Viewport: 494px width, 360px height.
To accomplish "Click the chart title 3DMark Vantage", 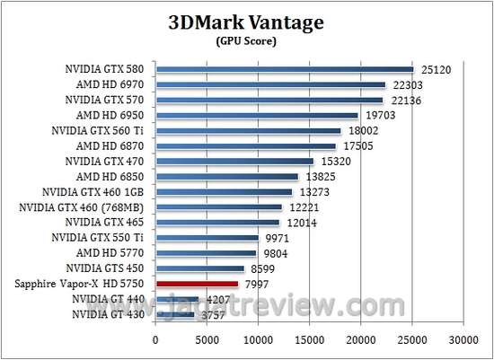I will click(246, 22).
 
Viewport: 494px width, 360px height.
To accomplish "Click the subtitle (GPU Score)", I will click(246, 40).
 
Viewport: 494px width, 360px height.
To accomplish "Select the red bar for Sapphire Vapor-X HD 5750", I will click(197, 284).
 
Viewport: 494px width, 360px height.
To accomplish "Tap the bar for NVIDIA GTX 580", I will click(284, 69).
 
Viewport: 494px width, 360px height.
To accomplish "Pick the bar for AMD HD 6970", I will click(270, 84).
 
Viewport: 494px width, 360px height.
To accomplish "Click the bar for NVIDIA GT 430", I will click(175, 314).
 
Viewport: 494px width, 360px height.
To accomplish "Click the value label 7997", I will click(257, 284).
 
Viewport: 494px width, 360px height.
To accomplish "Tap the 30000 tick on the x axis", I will click(463, 340).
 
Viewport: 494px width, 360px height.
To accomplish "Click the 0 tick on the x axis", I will click(156, 340).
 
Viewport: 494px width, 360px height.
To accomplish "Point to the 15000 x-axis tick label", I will click(310, 340).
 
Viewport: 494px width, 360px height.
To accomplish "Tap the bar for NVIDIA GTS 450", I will click(200, 268).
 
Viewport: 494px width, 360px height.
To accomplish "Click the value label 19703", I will click(377, 115).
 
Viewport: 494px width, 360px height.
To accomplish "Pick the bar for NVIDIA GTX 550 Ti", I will click(207, 238).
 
